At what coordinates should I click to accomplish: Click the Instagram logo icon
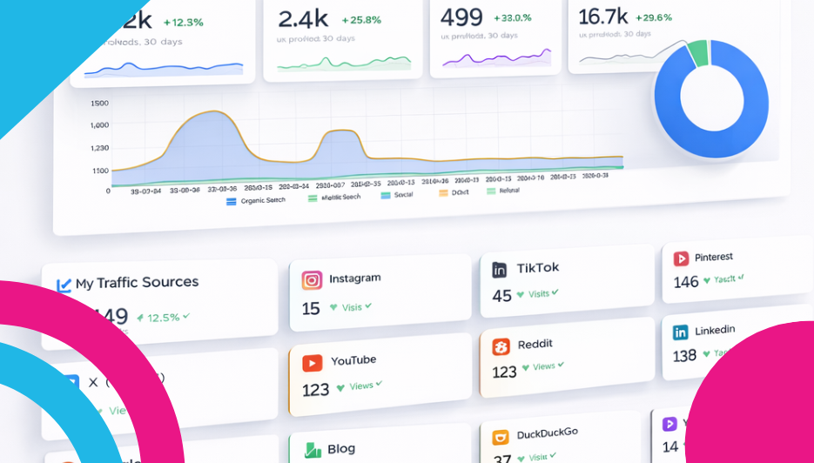click(312, 280)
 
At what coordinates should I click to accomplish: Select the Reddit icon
click(501, 347)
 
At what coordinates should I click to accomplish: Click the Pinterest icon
click(681, 258)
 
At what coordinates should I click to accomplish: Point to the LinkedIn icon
click(680, 332)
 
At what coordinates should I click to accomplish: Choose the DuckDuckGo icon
click(500, 437)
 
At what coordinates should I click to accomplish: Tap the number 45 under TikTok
click(501, 296)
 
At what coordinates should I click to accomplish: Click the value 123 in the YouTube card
click(315, 389)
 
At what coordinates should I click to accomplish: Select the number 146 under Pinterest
click(686, 282)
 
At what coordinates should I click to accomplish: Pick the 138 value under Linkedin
click(684, 355)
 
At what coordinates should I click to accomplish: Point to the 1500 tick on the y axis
click(99, 104)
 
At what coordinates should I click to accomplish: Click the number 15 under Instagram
click(311, 309)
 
